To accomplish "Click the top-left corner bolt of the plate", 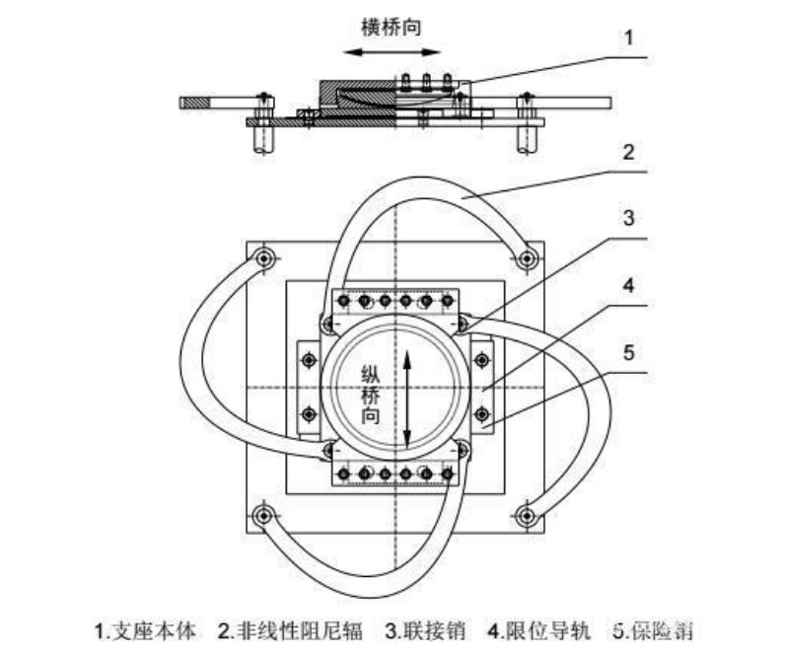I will [264, 259].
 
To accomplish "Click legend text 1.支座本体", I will [145, 628].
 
